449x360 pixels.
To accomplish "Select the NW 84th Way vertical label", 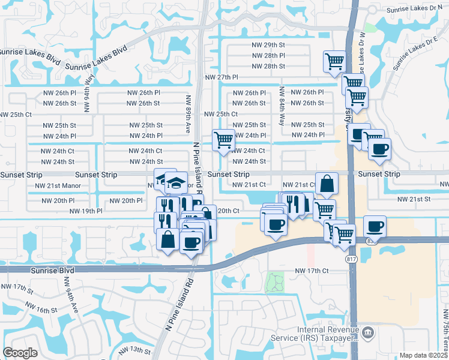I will click(x=282, y=106).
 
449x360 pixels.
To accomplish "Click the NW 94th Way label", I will click(x=89, y=86).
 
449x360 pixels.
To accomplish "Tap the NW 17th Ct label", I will click(x=312, y=271).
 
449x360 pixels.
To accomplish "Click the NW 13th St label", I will click(x=133, y=350).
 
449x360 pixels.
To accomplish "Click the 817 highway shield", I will click(x=352, y=259).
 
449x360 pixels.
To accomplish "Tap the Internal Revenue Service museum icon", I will click(x=369, y=332).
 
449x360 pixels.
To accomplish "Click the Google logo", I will click(x=20, y=353).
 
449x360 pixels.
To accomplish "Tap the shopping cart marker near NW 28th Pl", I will click(x=334, y=61).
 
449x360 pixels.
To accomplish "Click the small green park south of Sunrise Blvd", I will click(x=275, y=280).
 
